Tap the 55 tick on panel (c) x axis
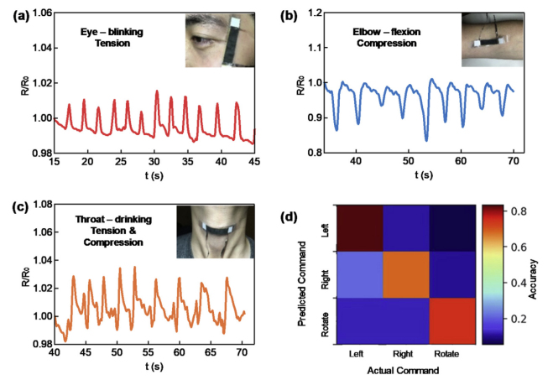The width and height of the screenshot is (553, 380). (148, 351)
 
